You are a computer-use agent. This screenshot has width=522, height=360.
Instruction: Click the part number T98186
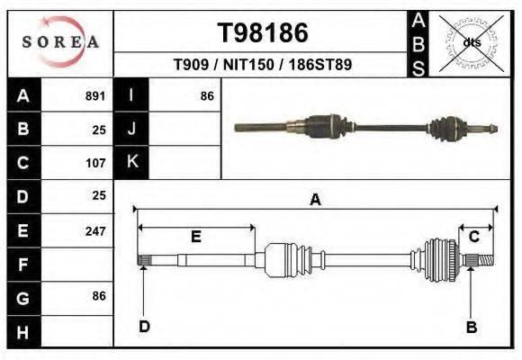pos(263,32)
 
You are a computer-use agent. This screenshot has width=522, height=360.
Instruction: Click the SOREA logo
pos(59,41)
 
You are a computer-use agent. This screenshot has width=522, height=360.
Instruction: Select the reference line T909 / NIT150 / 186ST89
pos(262,66)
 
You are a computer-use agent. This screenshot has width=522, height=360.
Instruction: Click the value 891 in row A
pos(94,95)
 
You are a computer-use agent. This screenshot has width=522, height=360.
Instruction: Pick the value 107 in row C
pos(94,163)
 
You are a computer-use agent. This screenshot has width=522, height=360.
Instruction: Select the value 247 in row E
pos(94,230)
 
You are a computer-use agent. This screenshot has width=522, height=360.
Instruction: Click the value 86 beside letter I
pos(206,95)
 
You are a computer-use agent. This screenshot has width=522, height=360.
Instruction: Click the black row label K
pos(132,163)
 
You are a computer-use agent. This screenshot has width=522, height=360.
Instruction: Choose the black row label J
pos(132,130)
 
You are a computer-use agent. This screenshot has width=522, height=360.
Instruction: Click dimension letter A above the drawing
pos(315,200)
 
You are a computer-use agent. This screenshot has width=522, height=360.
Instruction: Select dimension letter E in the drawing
pos(195,237)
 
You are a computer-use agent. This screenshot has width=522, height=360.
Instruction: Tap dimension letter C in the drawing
pos(474,236)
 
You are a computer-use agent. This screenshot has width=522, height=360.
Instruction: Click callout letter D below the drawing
pos(144,327)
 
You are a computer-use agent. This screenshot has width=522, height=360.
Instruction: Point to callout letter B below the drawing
pos(471,328)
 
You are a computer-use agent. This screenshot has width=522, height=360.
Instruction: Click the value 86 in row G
pos(98,296)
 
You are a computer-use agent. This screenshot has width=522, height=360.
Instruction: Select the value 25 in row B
pos(98,130)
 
